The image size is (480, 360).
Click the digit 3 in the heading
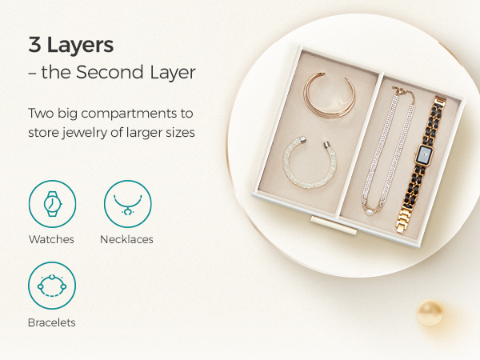[34, 45]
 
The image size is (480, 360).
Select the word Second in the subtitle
[110, 72]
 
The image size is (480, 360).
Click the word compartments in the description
[129, 114]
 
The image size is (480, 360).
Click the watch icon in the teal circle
[52, 204]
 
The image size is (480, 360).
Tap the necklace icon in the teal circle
[128, 204]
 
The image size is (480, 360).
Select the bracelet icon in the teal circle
[52, 286]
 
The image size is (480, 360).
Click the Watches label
[51, 239]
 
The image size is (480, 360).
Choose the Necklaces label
[126, 239]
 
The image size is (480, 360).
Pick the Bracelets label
[52, 322]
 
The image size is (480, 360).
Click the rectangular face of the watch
[426, 154]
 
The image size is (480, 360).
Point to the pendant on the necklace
[369, 211]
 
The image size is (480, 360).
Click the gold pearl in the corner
[430, 313]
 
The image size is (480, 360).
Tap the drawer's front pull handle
[334, 226]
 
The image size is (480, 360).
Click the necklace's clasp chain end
[405, 92]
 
